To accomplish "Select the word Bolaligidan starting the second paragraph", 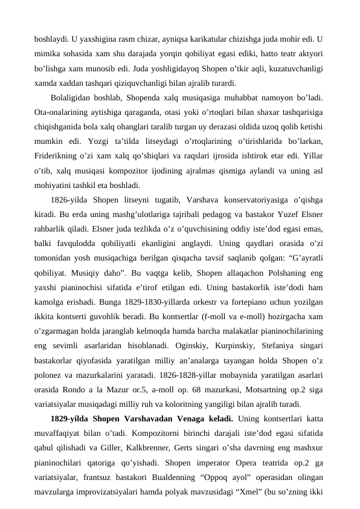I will (71, 96).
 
